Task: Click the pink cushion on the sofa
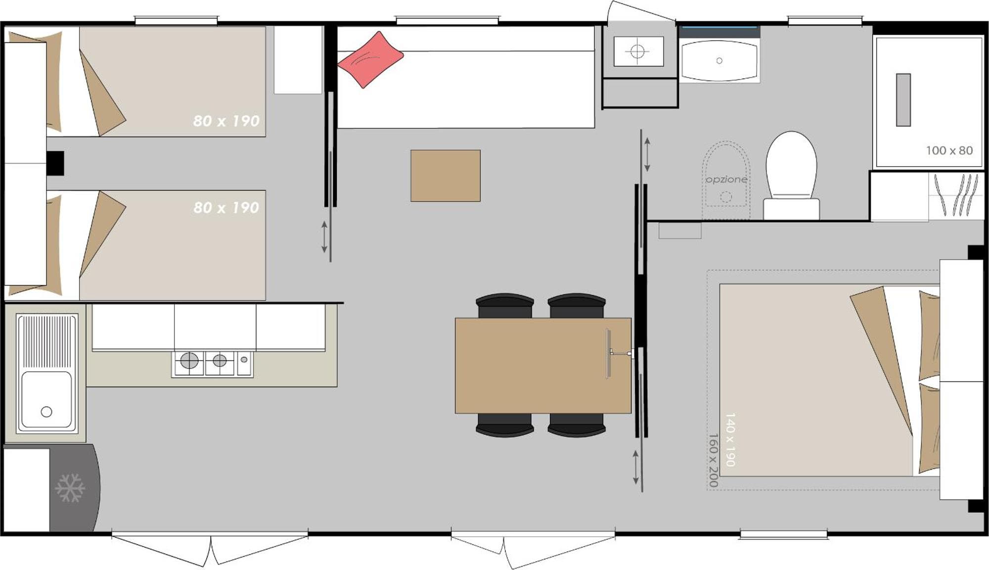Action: [370, 59]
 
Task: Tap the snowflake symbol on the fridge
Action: [70, 488]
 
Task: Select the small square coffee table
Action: [445, 176]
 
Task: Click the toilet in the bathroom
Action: [791, 174]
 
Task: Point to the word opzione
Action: [726, 179]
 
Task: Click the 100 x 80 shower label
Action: [949, 150]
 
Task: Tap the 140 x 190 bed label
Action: [730, 439]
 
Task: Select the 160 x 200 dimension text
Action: [713, 460]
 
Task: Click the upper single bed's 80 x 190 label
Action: [226, 121]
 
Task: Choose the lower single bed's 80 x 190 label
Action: [226, 207]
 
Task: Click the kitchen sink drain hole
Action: [46, 412]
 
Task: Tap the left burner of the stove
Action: [189, 361]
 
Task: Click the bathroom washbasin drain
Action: [719, 60]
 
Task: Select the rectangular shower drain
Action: [903, 100]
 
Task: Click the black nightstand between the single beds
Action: [55, 163]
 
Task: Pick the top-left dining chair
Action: [504, 305]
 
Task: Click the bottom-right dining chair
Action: [577, 425]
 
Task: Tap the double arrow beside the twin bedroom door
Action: [324, 237]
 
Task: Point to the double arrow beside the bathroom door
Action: [647, 155]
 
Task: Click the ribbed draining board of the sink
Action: [47, 342]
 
